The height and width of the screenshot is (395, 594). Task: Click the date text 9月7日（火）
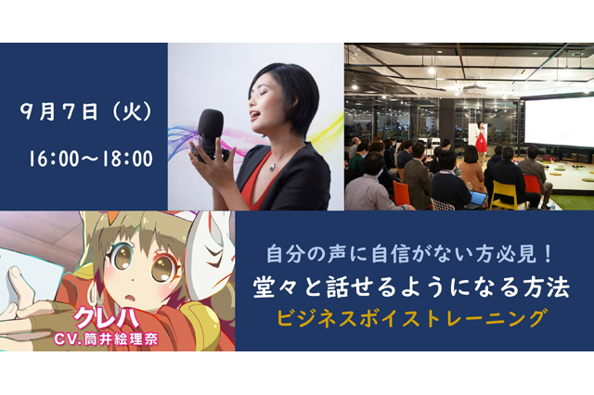click(x=86, y=111)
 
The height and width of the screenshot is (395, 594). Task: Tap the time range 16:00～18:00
click(x=91, y=159)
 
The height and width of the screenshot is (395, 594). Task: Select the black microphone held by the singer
click(x=212, y=134)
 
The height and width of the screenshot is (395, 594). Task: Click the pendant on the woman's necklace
click(x=272, y=167)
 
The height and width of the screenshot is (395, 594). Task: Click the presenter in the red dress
click(x=481, y=137)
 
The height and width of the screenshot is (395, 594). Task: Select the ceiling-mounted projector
click(x=474, y=90)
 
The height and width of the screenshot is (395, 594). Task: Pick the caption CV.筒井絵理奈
click(x=106, y=339)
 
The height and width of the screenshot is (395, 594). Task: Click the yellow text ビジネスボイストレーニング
click(x=412, y=318)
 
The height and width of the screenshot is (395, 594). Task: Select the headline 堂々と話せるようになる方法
click(x=411, y=287)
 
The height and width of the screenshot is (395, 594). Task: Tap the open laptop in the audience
click(x=476, y=199)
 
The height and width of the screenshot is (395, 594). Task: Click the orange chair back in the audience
click(x=401, y=193)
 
